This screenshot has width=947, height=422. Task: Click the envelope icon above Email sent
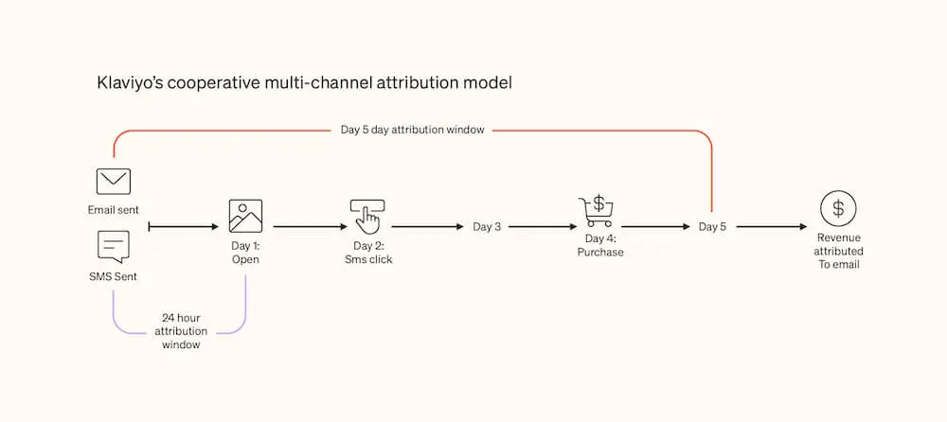tap(114, 181)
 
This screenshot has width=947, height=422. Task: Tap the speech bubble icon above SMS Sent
tap(114, 247)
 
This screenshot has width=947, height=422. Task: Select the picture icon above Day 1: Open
tap(245, 216)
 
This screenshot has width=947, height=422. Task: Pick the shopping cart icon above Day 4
tap(596, 211)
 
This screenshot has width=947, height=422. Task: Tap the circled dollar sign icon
tap(838, 208)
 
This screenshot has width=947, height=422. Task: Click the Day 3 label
tap(487, 227)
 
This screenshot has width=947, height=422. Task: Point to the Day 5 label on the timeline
tap(713, 227)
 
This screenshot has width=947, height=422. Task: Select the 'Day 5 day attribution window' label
tap(413, 130)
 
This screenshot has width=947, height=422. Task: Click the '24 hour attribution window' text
tap(181, 331)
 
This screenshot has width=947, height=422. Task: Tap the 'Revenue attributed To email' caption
tap(838, 251)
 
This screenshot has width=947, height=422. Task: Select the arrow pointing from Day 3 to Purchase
tap(543, 227)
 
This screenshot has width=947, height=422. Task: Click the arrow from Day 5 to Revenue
tap(772, 227)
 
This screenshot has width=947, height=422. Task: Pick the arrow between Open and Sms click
tap(311, 227)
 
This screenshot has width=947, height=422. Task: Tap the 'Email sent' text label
tap(114, 210)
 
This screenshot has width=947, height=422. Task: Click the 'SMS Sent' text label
tap(114, 276)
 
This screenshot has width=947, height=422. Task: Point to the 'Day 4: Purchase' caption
tap(600, 246)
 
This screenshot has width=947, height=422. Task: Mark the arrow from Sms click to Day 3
tap(428, 227)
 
